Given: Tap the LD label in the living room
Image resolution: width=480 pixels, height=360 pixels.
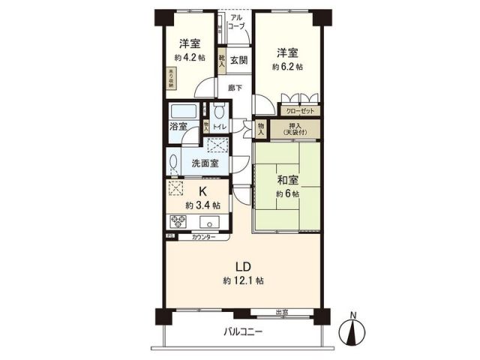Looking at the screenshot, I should pos(242,266).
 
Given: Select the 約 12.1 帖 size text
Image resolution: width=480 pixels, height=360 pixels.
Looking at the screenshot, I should pos(242,280).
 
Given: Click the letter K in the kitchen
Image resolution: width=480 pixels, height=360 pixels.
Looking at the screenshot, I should pos(202,190).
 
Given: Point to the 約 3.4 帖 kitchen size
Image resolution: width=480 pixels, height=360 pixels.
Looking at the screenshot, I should pos(202,204).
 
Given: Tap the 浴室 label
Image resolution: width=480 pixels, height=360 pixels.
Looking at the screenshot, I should pos(178,127).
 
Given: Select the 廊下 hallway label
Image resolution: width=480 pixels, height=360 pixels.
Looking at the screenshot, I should pos(235,88).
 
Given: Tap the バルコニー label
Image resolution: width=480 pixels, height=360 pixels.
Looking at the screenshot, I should pos(241,331).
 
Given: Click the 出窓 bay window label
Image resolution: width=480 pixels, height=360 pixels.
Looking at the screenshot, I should pos(283,313).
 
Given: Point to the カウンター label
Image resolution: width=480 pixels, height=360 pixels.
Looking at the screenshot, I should pos(202,237).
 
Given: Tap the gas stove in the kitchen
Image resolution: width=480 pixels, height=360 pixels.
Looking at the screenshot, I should pos(178,222).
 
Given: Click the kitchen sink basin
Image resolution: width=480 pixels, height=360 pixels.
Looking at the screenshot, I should pos(210,222).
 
